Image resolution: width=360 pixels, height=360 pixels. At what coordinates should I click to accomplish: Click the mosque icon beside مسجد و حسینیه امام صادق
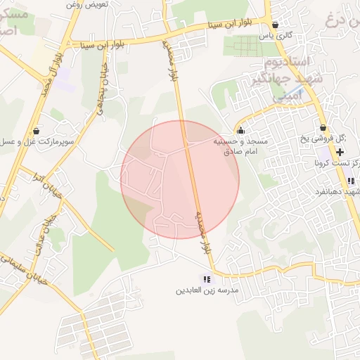click(x=241, y=130)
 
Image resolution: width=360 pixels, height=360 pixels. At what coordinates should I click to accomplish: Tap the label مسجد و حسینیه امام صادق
click(x=241, y=146)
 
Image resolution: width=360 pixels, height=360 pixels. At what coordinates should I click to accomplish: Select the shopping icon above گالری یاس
click(x=275, y=24)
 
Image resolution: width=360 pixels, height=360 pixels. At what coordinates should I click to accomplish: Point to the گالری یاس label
click(x=275, y=35)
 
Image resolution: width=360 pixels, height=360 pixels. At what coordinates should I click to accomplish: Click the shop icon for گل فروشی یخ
click(x=323, y=127)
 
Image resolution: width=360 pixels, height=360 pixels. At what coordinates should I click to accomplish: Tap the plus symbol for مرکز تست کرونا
click(x=340, y=151)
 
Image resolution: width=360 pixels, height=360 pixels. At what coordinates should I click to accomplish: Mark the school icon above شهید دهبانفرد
click(x=351, y=181)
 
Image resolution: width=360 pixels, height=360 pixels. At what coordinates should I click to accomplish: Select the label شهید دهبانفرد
click(x=339, y=193)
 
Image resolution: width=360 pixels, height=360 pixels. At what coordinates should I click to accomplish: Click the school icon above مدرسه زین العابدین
click(x=206, y=279)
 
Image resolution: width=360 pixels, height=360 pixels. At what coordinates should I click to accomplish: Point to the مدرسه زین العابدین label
click(x=207, y=290)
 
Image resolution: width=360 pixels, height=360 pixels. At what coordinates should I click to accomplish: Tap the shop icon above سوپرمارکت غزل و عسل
click(x=36, y=130)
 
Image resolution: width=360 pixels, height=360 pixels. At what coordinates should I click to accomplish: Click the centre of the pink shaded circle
click(x=180, y=179)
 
